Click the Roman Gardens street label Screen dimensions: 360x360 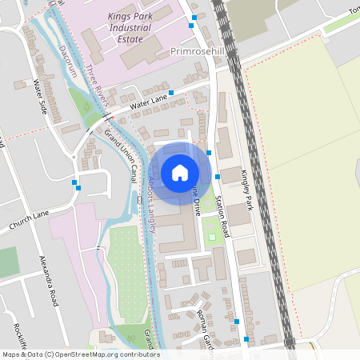pyautogui.click(x=203, y=325)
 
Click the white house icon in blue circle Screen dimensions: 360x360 pyautogui.click(x=180, y=172)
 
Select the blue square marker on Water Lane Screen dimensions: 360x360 pyautogui.click(x=171, y=94)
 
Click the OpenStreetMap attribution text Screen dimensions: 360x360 pyautogui.click(x=80, y=354)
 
